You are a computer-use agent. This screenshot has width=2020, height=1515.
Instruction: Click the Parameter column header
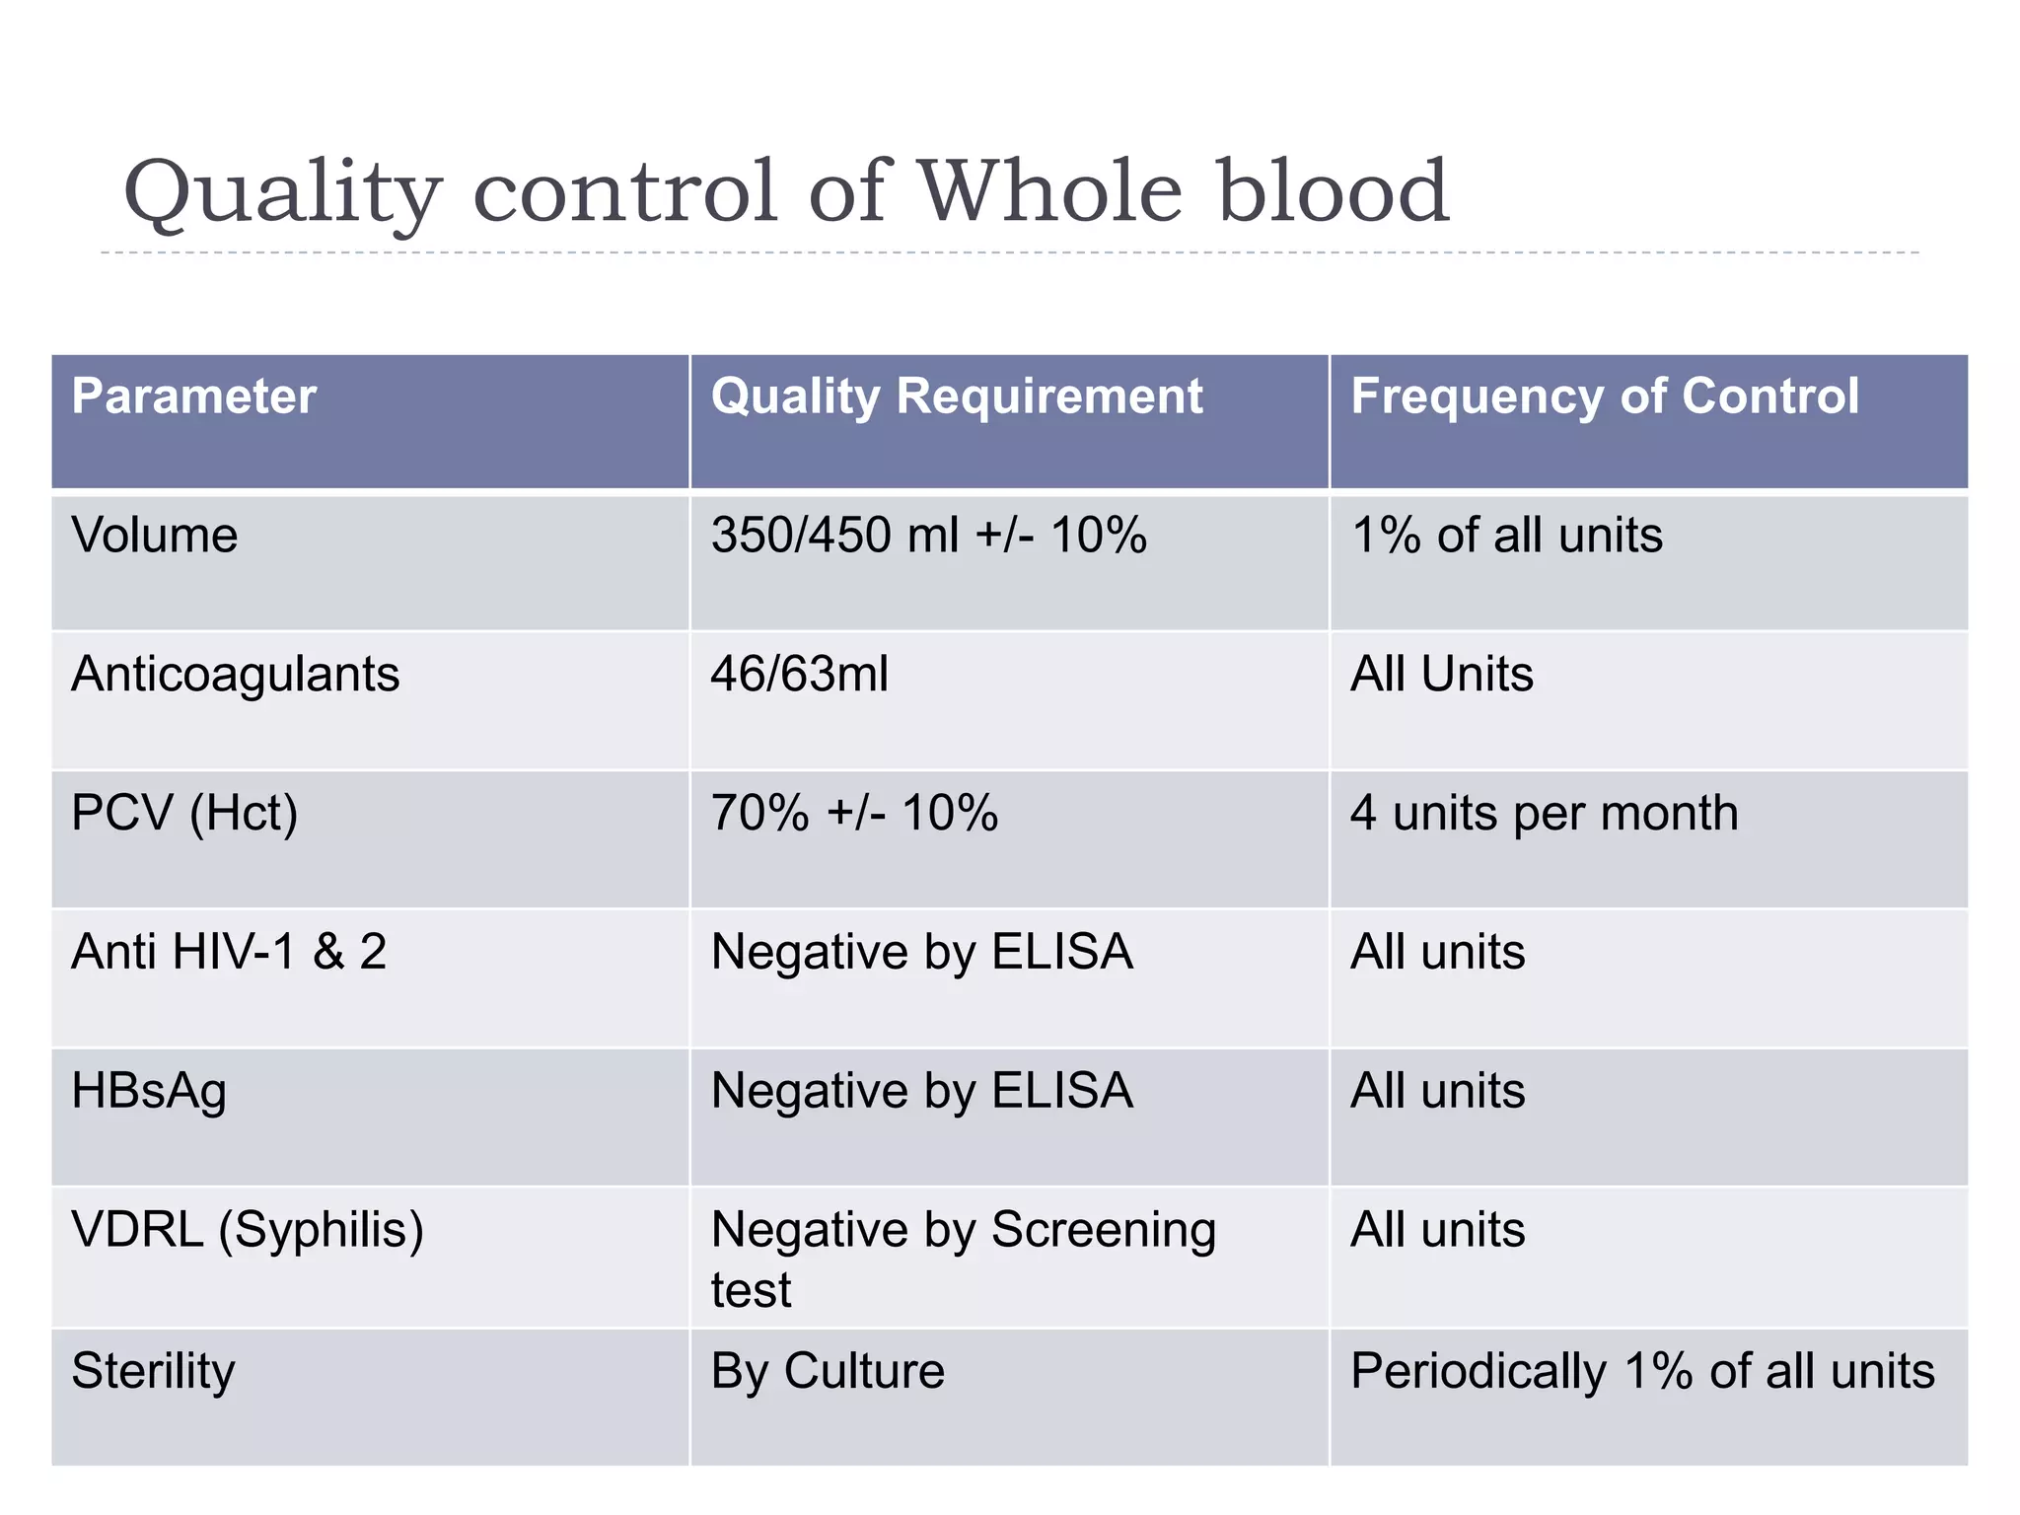click(x=193, y=397)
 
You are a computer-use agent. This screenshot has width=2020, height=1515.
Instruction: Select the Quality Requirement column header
click(x=956, y=397)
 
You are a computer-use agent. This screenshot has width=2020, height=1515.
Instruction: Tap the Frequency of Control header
click(x=1604, y=397)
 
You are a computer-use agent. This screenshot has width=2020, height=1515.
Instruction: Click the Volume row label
click(x=155, y=536)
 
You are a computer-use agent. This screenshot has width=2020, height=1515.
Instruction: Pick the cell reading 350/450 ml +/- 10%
click(x=928, y=536)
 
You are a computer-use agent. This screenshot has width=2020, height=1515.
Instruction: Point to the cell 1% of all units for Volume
click(x=1506, y=536)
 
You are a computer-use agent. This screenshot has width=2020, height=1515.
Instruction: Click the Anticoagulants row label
click(x=235, y=675)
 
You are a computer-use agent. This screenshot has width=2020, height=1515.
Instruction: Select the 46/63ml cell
click(x=799, y=675)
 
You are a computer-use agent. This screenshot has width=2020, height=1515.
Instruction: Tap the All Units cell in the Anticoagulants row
click(x=1441, y=675)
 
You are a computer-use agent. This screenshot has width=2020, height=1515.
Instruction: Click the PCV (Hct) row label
click(x=184, y=815)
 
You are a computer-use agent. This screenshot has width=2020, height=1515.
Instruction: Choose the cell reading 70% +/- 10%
click(x=854, y=815)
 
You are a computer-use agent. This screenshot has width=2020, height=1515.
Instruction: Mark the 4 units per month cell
click(x=1544, y=815)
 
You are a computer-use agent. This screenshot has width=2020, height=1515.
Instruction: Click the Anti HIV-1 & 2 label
click(x=229, y=953)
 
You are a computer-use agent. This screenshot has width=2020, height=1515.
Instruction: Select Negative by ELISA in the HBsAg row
click(x=921, y=1092)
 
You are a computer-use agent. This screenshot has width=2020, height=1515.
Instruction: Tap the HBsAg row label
click(x=149, y=1092)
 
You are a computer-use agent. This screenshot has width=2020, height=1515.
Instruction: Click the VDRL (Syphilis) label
click(x=248, y=1231)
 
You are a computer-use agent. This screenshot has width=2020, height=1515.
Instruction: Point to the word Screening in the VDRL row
click(x=1103, y=1231)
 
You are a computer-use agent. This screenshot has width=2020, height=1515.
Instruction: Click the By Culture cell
click(x=828, y=1372)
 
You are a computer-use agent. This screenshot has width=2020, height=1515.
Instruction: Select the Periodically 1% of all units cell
click(x=1642, y=1372)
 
